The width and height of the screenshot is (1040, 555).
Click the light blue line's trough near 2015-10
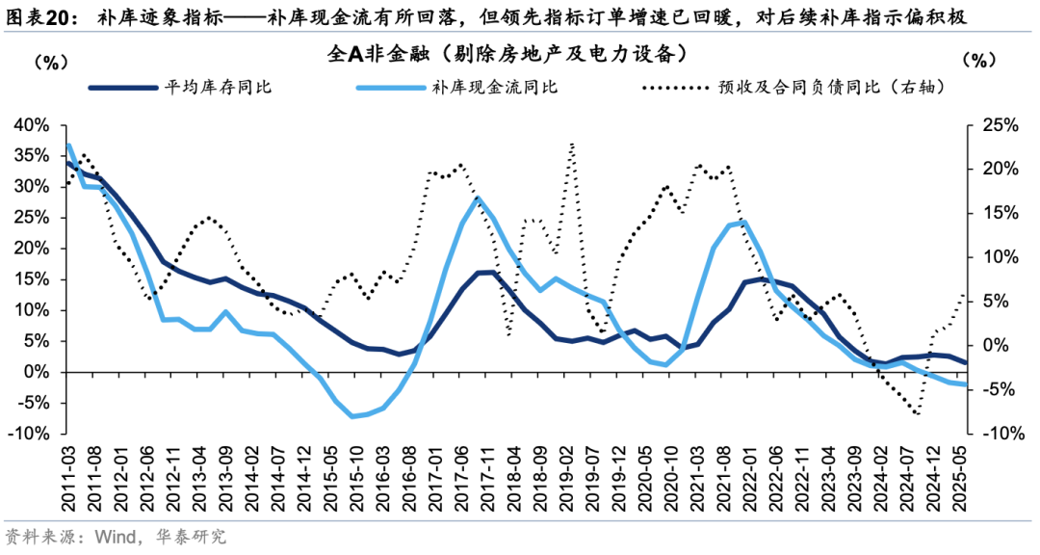click(x=353, y=416)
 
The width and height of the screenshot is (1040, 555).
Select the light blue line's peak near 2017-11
click(x=479, y=198)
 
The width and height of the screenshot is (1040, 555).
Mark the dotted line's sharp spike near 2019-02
click(x=573, y=145)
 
